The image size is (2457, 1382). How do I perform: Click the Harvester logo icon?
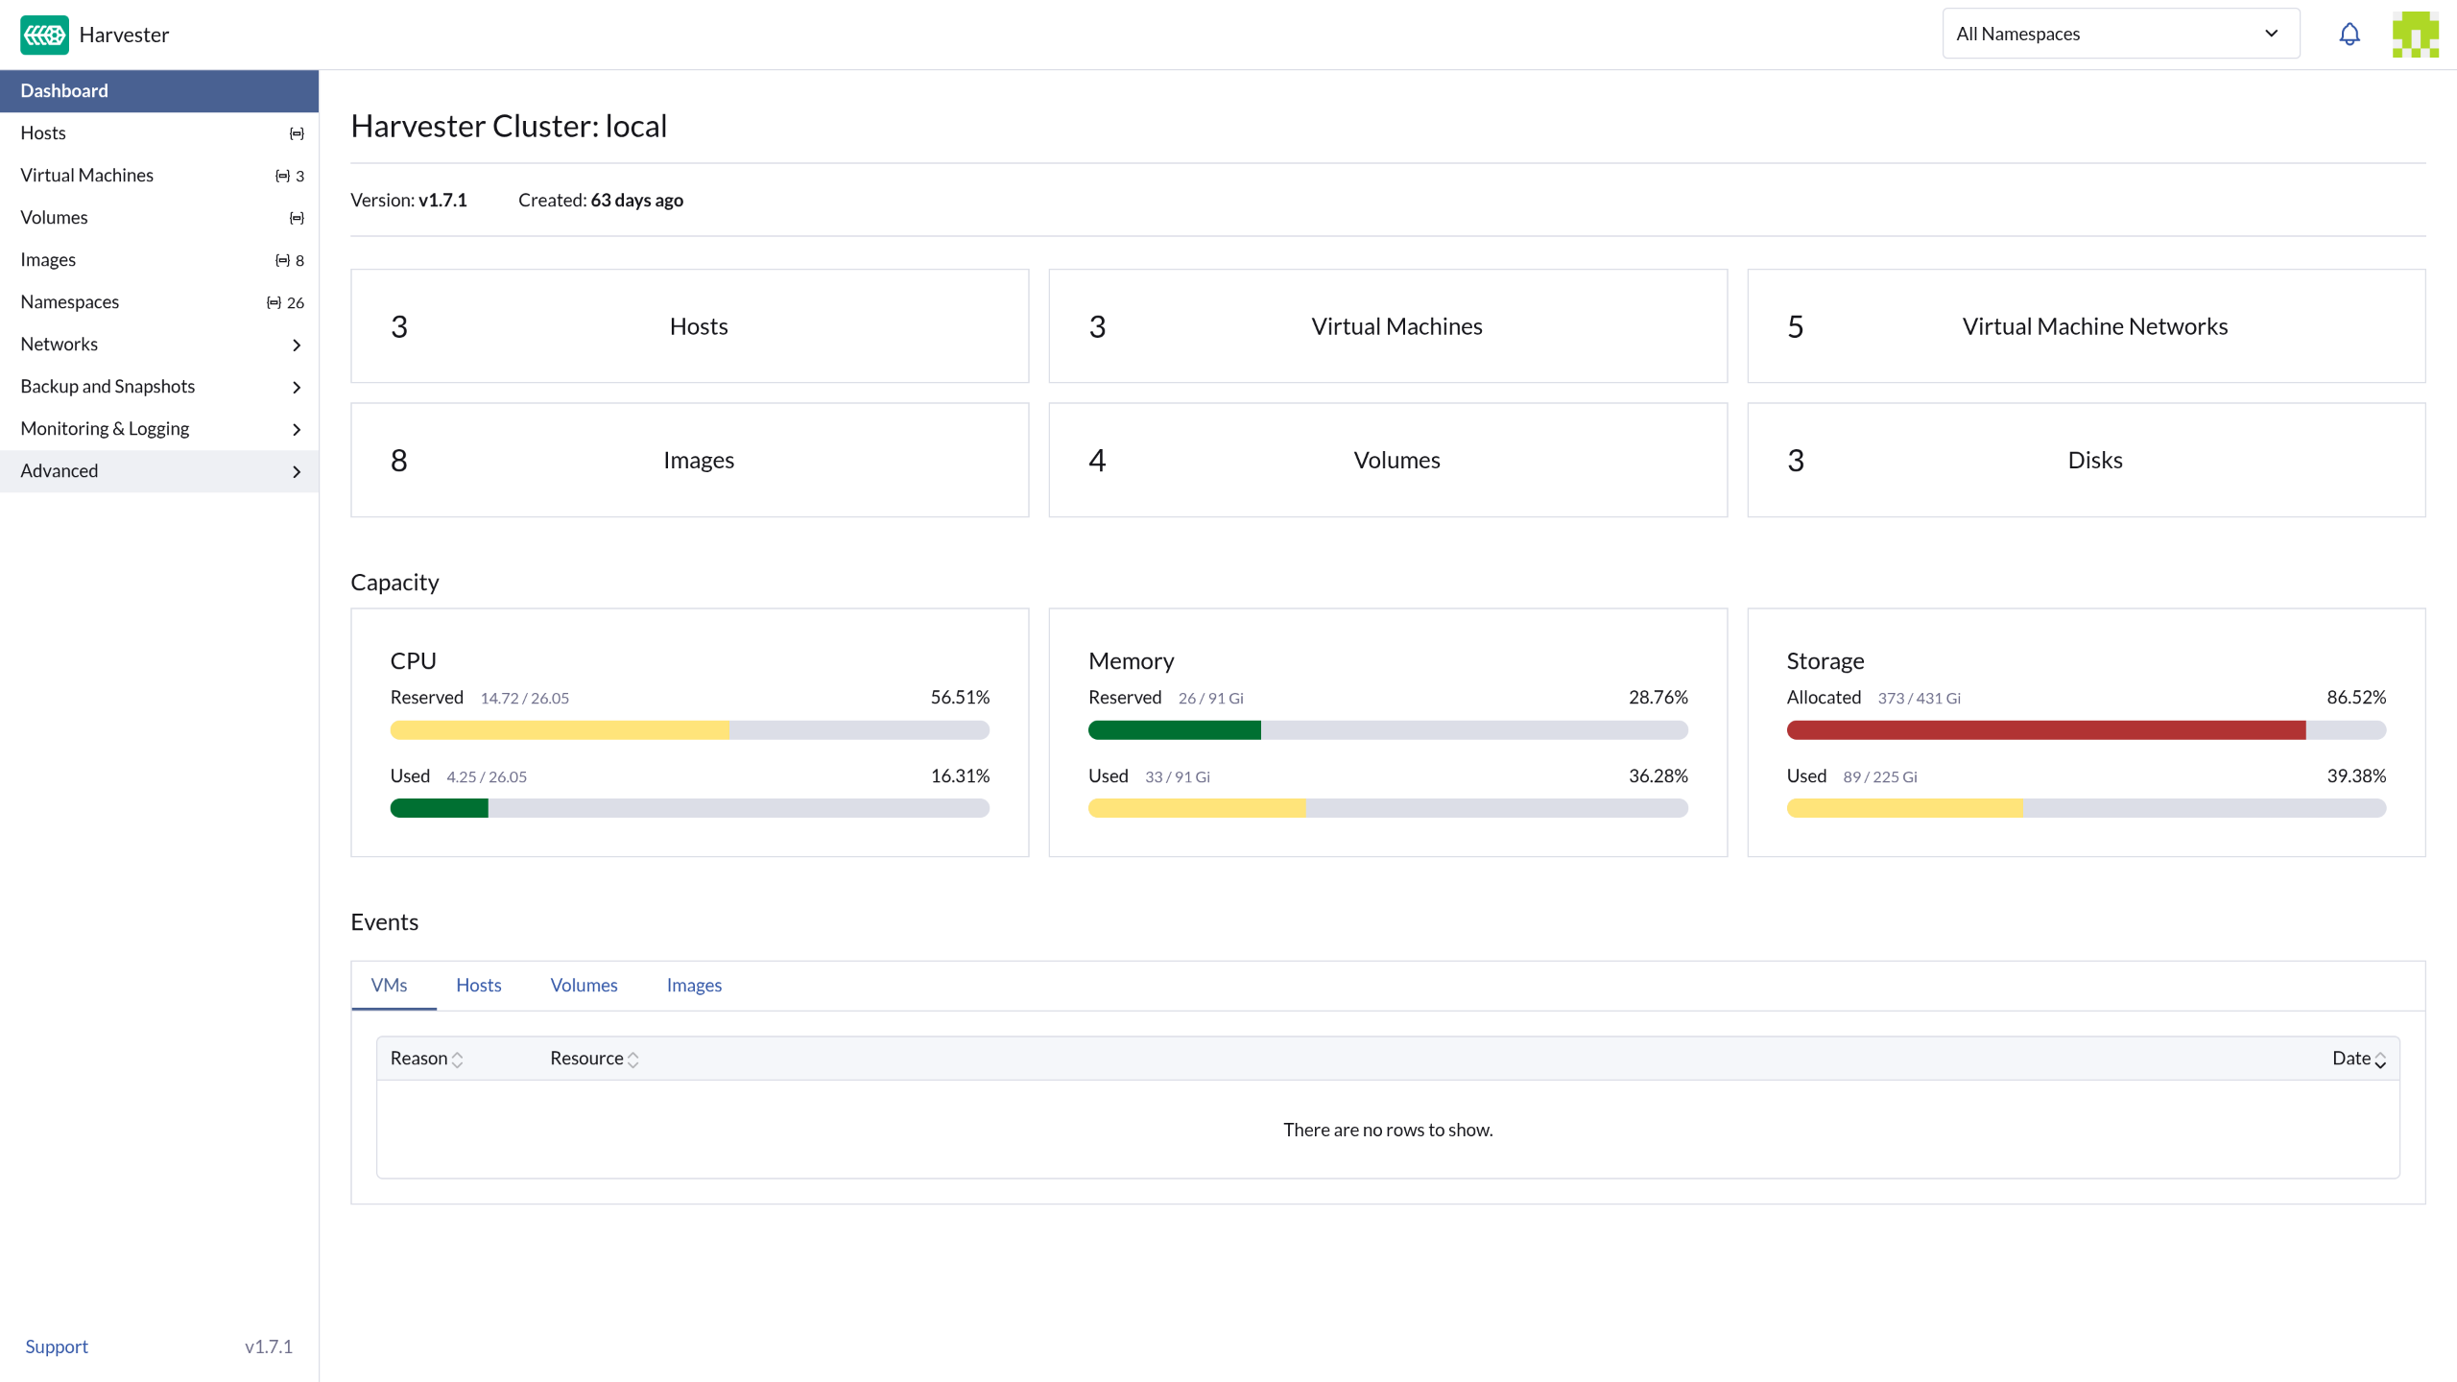coord(44,35)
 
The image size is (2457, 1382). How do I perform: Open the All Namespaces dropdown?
coord(2121,34)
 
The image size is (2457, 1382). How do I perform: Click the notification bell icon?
coord(2350,35)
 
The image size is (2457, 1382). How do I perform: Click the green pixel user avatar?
coord(2416,35)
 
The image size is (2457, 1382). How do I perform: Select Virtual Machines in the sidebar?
coord(87,176)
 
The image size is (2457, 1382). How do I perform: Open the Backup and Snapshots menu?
coord(107,387)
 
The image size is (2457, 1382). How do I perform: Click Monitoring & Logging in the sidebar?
coord(105,429)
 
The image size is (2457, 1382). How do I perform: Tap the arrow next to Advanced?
coord(297,471)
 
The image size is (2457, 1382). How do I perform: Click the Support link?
coord(57,1346)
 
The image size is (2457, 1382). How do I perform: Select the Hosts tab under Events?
coord(479,986)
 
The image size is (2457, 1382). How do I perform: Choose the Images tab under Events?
coord(694,986)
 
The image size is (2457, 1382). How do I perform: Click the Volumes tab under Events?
coord(584,986)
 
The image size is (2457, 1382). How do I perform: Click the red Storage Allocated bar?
coord(2046,730)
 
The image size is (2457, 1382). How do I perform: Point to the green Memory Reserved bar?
coord(1175,730)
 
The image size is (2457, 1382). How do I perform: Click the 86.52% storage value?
coord(2356,698)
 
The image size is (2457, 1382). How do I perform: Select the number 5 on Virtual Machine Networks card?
coord(1796,327)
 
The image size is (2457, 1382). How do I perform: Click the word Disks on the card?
coord(2095,461)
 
